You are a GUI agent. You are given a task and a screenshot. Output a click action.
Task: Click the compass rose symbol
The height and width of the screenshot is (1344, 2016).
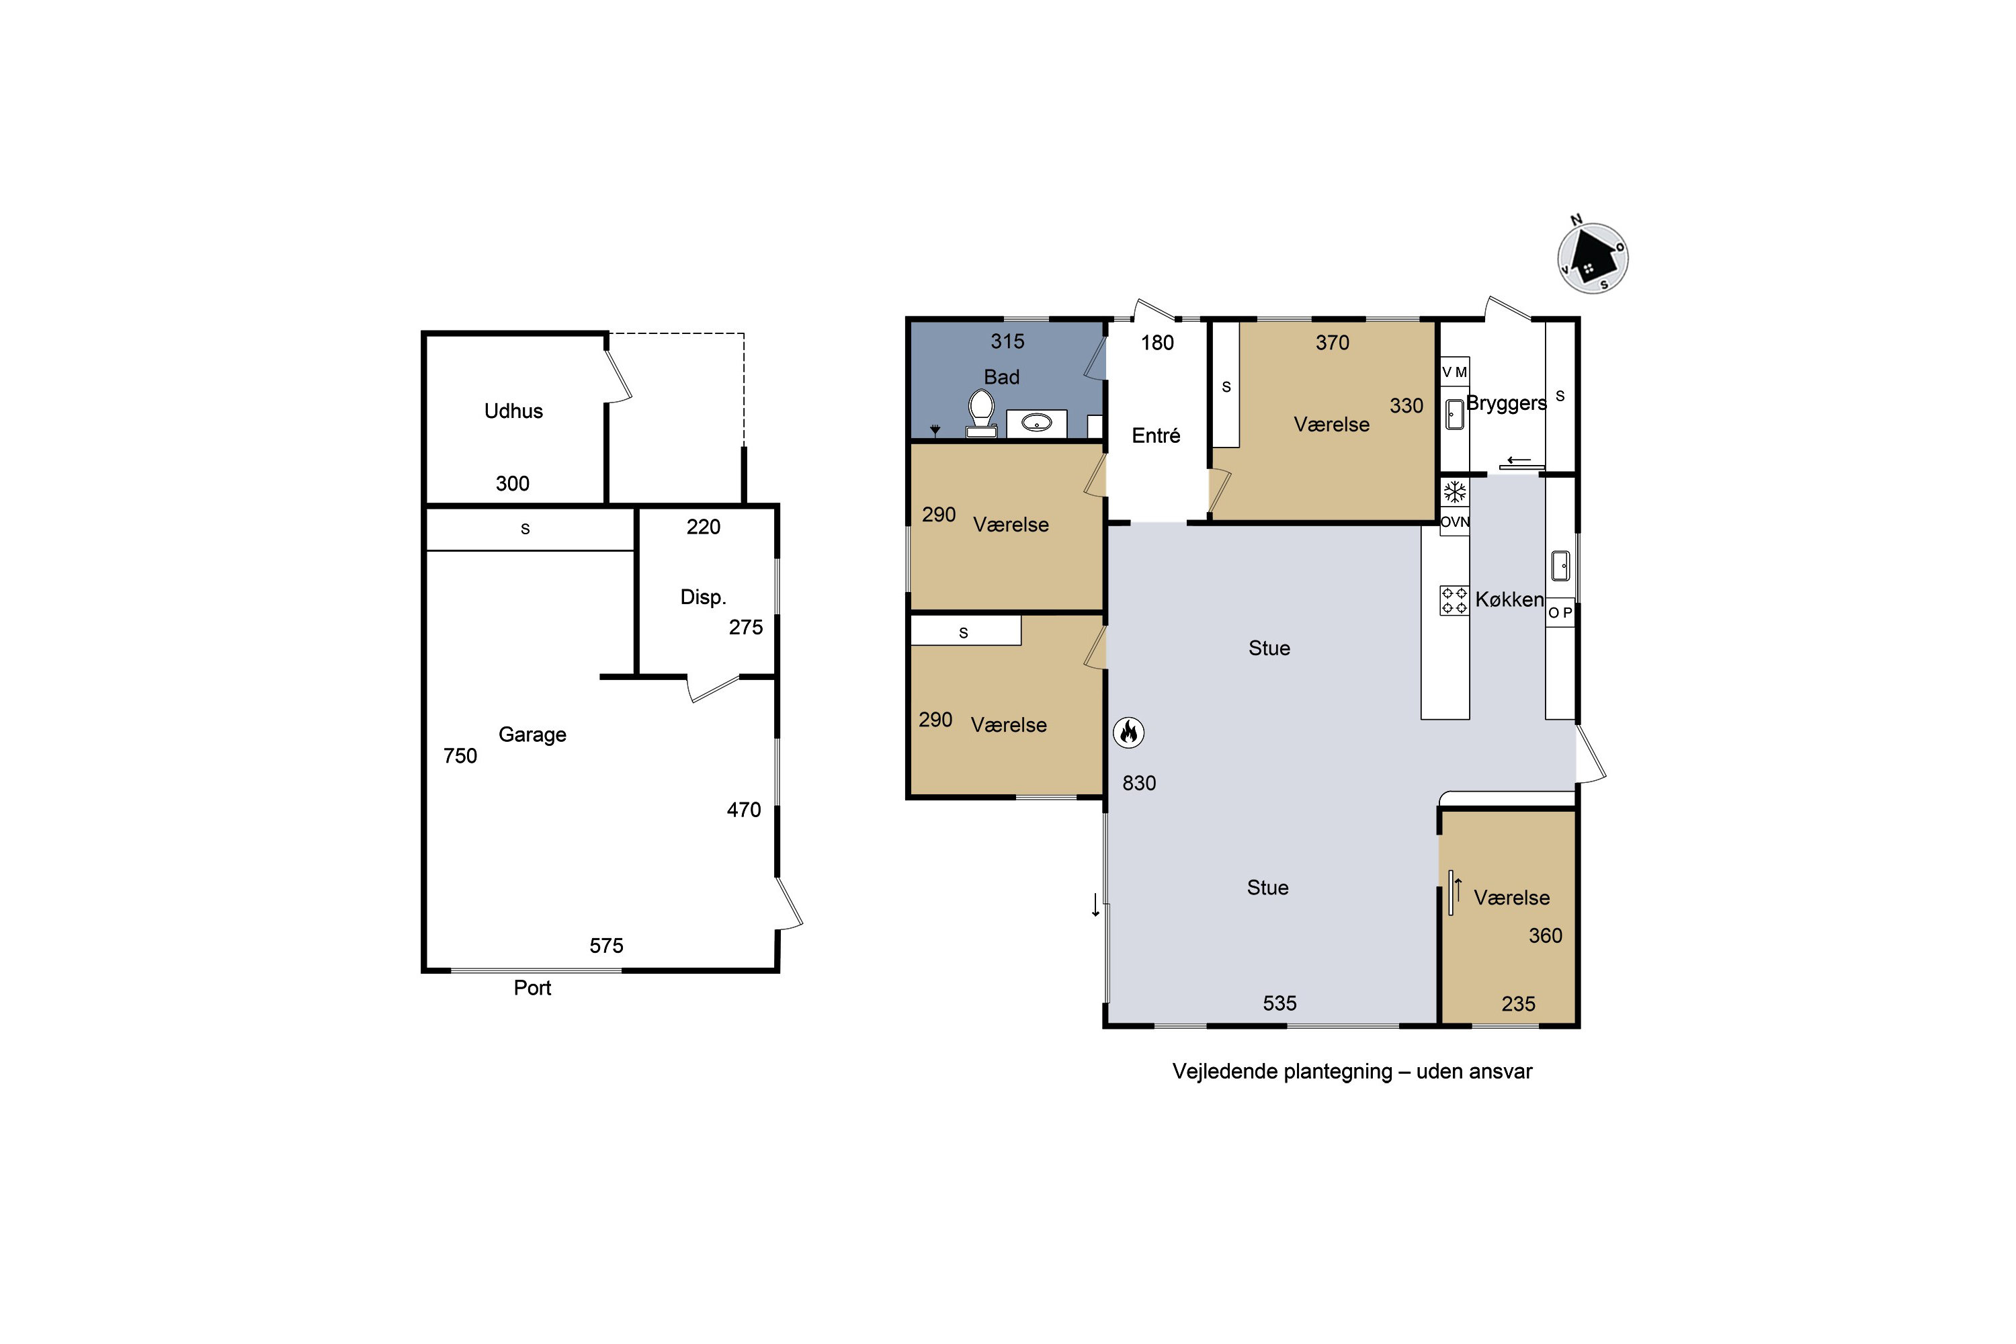point(1593,257)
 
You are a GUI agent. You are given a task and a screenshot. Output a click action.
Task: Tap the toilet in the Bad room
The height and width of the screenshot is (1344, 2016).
point(981,414)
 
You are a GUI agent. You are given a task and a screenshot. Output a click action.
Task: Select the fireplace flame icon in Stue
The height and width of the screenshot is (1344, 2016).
point(1129,732)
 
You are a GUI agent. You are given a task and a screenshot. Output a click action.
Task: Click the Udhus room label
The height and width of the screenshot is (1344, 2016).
point(513,411)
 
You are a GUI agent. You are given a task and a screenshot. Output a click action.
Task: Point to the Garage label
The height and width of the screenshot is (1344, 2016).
point(532,735)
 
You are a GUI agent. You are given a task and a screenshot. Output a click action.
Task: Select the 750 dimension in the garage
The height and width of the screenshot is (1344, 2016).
point(460,756)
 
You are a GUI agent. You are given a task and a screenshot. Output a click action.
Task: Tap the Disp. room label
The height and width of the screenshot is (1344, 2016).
point(703,597)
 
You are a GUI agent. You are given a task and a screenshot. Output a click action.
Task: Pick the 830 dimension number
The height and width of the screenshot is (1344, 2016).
point(1139,784)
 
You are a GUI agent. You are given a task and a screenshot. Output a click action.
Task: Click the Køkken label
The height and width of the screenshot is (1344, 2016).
point(1509,600)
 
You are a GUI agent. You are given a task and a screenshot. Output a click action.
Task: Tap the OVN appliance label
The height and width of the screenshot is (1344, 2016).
point(1455,522)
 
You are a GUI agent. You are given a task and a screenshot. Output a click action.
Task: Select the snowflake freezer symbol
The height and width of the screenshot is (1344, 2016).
point(1455,492)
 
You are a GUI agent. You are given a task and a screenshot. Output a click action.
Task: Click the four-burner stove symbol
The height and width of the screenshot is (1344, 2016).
point(1454,600)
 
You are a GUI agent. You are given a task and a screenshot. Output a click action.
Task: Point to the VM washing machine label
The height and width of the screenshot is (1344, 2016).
point(1455,372)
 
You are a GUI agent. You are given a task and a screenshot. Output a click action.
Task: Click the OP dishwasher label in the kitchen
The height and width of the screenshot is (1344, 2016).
point(1560,613)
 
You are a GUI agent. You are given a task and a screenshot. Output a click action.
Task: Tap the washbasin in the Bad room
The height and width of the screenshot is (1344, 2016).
point(1036,423)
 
